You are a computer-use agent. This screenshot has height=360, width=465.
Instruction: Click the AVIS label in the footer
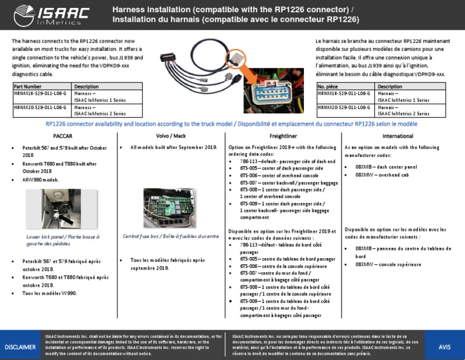(445, 346)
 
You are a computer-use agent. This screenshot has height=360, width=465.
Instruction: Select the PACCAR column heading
(63, 136)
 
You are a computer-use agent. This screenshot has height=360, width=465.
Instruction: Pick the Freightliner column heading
(283, 136)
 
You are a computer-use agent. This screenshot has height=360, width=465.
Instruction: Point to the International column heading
(398, 136)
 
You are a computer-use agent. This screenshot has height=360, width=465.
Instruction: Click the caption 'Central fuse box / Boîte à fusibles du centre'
(171, 236)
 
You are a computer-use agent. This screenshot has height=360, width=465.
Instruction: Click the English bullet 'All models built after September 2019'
(173, 147)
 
